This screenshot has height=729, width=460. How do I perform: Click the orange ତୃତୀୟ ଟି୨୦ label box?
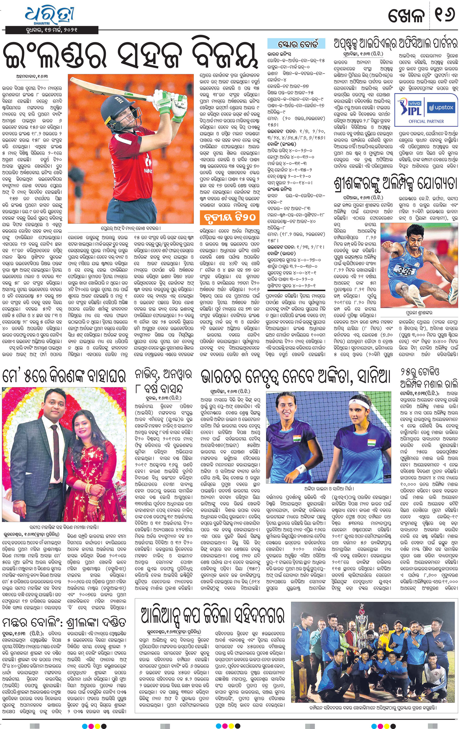230,217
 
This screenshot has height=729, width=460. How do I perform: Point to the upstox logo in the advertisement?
441,108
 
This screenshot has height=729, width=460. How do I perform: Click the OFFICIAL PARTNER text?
426,121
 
